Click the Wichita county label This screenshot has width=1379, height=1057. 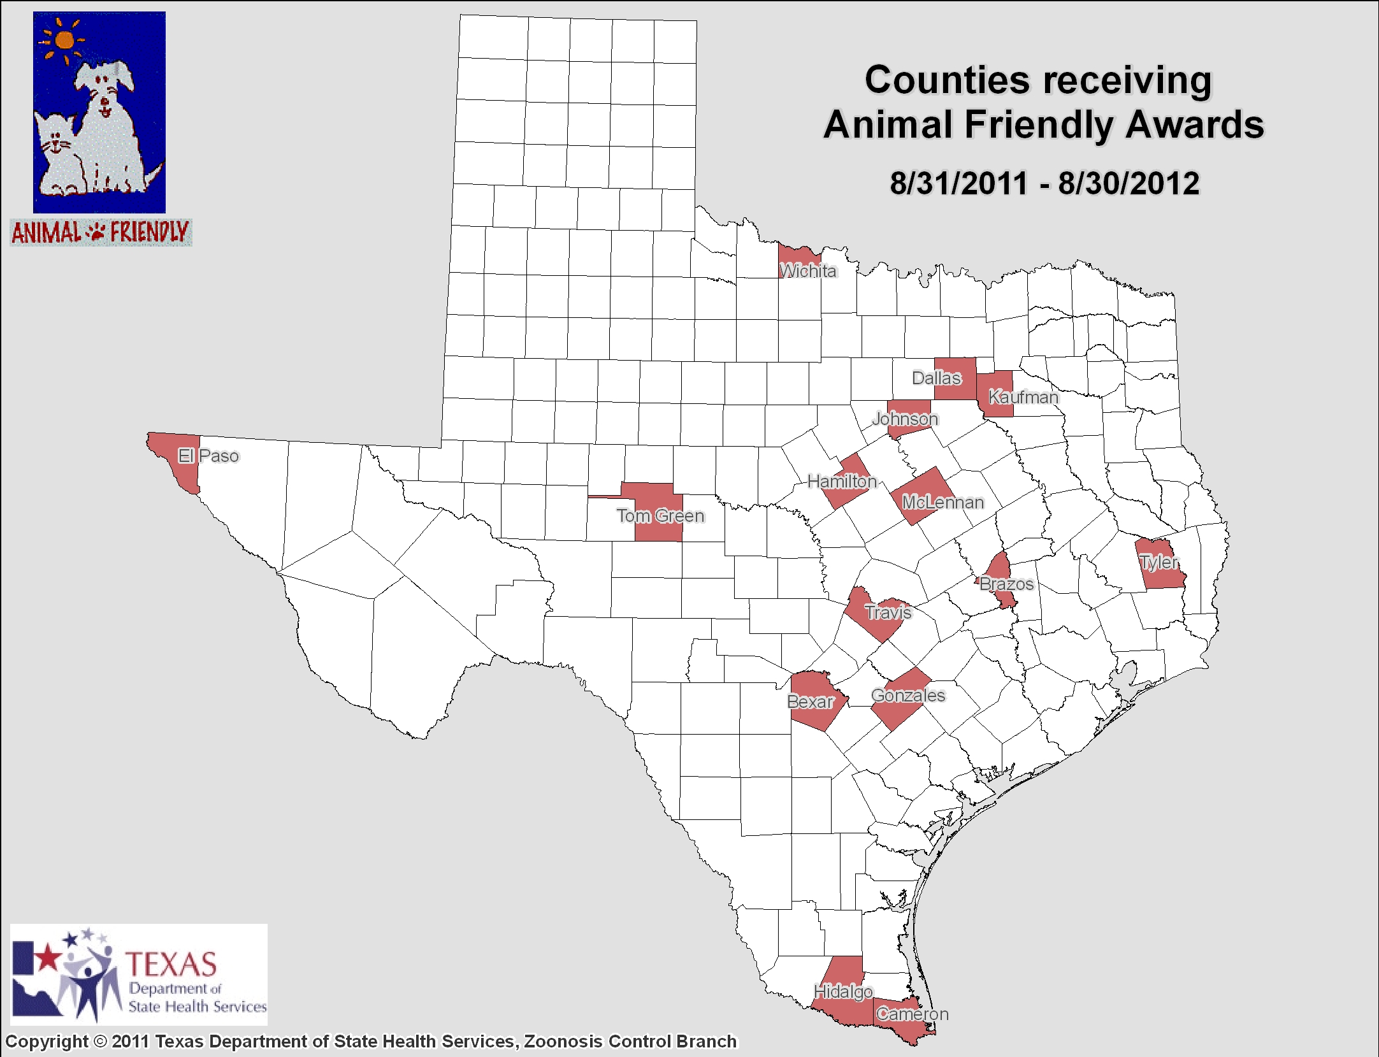[x=807, y=271]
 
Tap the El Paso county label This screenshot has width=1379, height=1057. [x=208, y=456]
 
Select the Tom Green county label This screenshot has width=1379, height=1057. [x=660, y=515]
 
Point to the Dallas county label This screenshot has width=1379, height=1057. [x=936, y=378]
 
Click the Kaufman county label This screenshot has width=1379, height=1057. [x=1023, y=397]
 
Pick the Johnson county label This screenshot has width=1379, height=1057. [x=905, y=419]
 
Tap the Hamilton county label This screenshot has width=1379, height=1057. [x=842, y=481]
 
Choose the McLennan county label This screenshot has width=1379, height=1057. [x=942, y=502]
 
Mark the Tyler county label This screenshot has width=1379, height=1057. [x=1159, y=562]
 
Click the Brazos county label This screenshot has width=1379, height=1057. [x=1006, y=584]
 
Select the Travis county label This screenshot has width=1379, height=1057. [x=888, y=612]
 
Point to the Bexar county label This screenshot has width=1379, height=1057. [x=810, y=701]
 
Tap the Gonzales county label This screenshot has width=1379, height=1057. [x=908, y=695]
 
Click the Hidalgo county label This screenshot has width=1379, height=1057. [x=843, y=991]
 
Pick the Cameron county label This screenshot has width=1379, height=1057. [x=912, y=1014]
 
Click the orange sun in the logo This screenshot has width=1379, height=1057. [x=64, y=40]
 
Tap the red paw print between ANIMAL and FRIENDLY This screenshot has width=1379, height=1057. [x=96, y=232]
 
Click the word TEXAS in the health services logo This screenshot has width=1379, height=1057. [x=171, y=965]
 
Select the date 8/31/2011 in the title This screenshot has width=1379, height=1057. [x=958, y=183]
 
